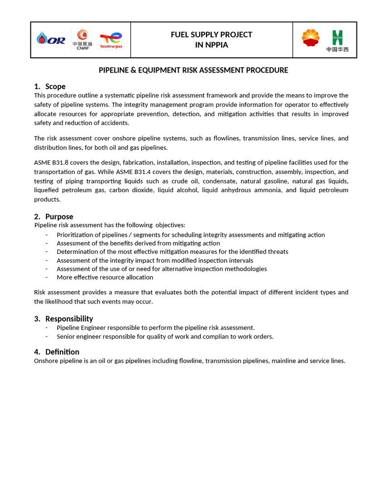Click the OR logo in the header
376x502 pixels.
pos(51,39)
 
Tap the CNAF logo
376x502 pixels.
pos(82,39)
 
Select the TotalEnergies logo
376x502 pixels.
pos(111,40)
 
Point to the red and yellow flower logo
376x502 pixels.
pos(310,39)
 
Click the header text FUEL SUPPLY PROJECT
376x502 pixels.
pos(211,34)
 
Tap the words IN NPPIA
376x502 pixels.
pos(211,45)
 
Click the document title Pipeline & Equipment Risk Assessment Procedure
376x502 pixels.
pos(193,70)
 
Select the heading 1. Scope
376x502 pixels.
pos(50,86)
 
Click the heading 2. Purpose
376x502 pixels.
pos(54,216)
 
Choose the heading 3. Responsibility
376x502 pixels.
pos(64,319)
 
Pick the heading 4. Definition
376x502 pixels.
pos(57,351)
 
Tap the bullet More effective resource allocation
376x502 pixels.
pos(105,277)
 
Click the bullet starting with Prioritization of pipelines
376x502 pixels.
pos(190,235)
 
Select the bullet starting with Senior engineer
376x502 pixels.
pos(164,336)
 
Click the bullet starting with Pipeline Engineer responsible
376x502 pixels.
pos(155,327)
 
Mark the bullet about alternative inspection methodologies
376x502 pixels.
pos(162,269)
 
